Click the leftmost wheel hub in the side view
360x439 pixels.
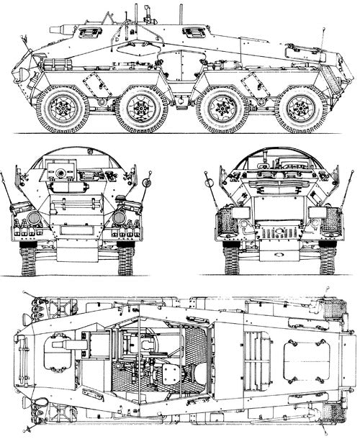62,109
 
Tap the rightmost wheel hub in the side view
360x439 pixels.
300,109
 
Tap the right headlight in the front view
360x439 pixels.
120,217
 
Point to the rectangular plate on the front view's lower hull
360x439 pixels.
76,232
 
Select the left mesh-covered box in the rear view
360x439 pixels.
223,220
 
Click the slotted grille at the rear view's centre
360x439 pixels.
277,234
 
